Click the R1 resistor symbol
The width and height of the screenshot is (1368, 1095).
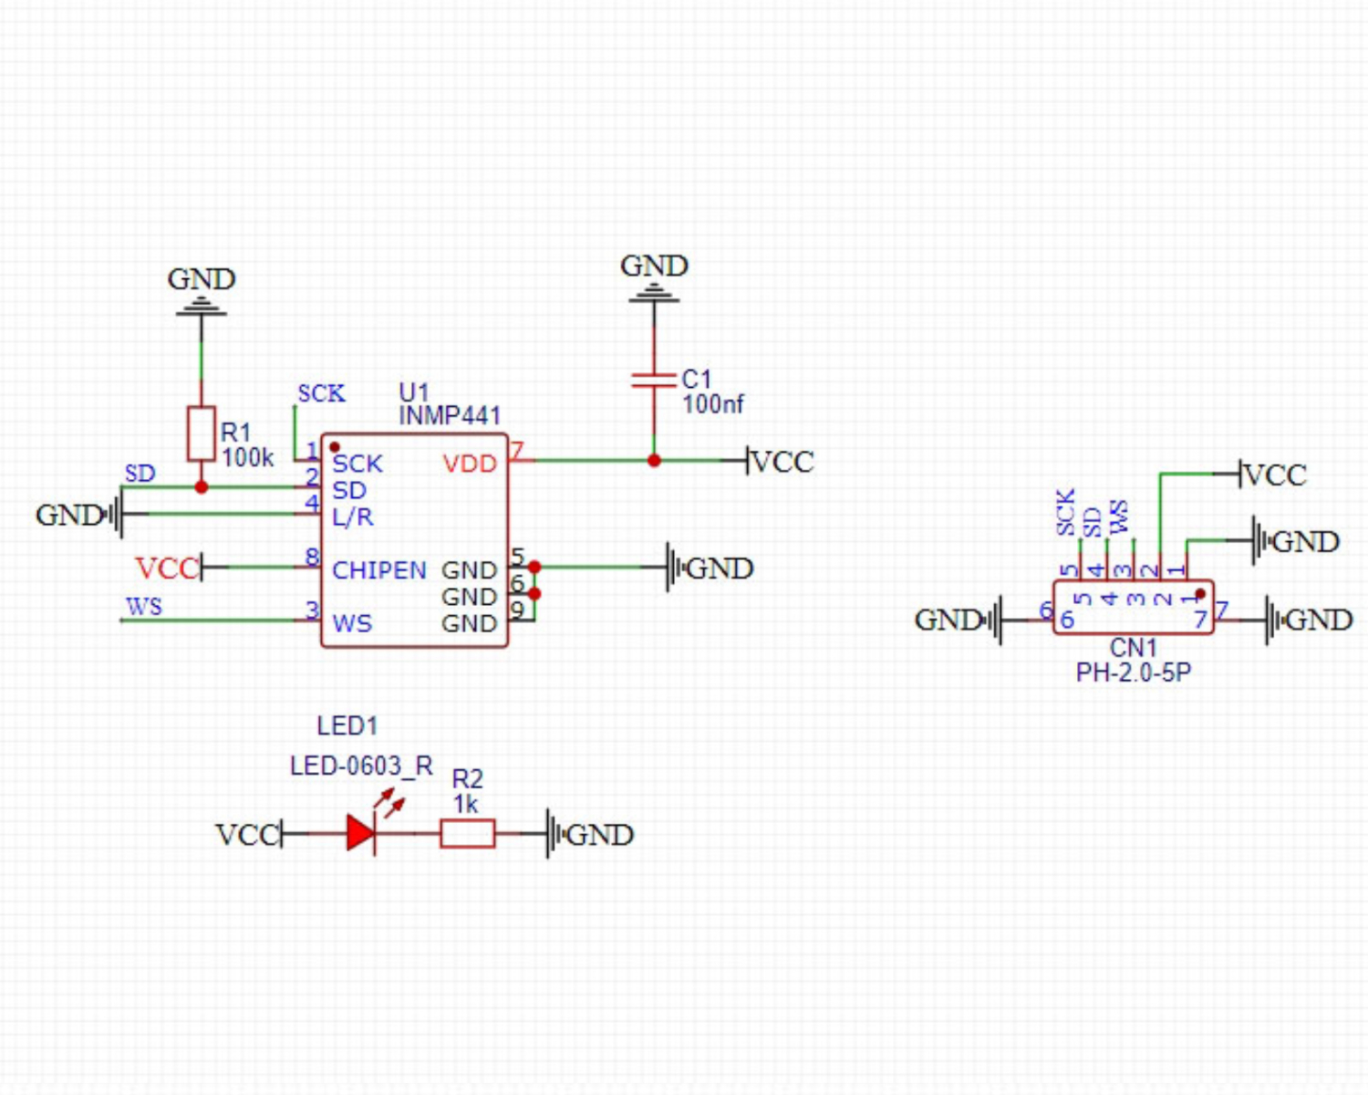coord(202,433)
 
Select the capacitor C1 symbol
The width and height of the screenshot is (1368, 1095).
coord(654,380)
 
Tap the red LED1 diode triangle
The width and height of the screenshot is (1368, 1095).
coord(361,833)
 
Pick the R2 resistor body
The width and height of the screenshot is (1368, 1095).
coord(468,833)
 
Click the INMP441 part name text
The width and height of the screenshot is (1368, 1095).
coord(451,416)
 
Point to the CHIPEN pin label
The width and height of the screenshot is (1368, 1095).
coord(378,570)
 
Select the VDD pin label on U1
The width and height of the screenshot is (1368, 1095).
coord(470,464)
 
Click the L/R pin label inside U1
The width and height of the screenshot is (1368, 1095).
coord(352,517)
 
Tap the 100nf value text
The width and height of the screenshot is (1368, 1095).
coord(713,404)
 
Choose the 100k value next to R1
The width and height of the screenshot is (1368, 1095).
coord(247,457)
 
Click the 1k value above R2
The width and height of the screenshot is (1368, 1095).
coord(466,804)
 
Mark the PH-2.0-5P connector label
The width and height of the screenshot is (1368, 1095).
coord(1134,673)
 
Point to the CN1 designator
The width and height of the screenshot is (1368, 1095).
coord(1134,648)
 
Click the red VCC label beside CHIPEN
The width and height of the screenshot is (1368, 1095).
coord(166,568)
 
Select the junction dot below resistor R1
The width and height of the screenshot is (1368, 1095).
coord(202,487)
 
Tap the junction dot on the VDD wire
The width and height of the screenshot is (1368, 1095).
coord(654,461)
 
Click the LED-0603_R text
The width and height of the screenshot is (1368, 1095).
coord(361,766)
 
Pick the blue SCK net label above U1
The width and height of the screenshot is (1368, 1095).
coord(321,393)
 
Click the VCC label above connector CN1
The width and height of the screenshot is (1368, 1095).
coord(1275,474)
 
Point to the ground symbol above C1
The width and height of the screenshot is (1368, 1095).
coord(654,294)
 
